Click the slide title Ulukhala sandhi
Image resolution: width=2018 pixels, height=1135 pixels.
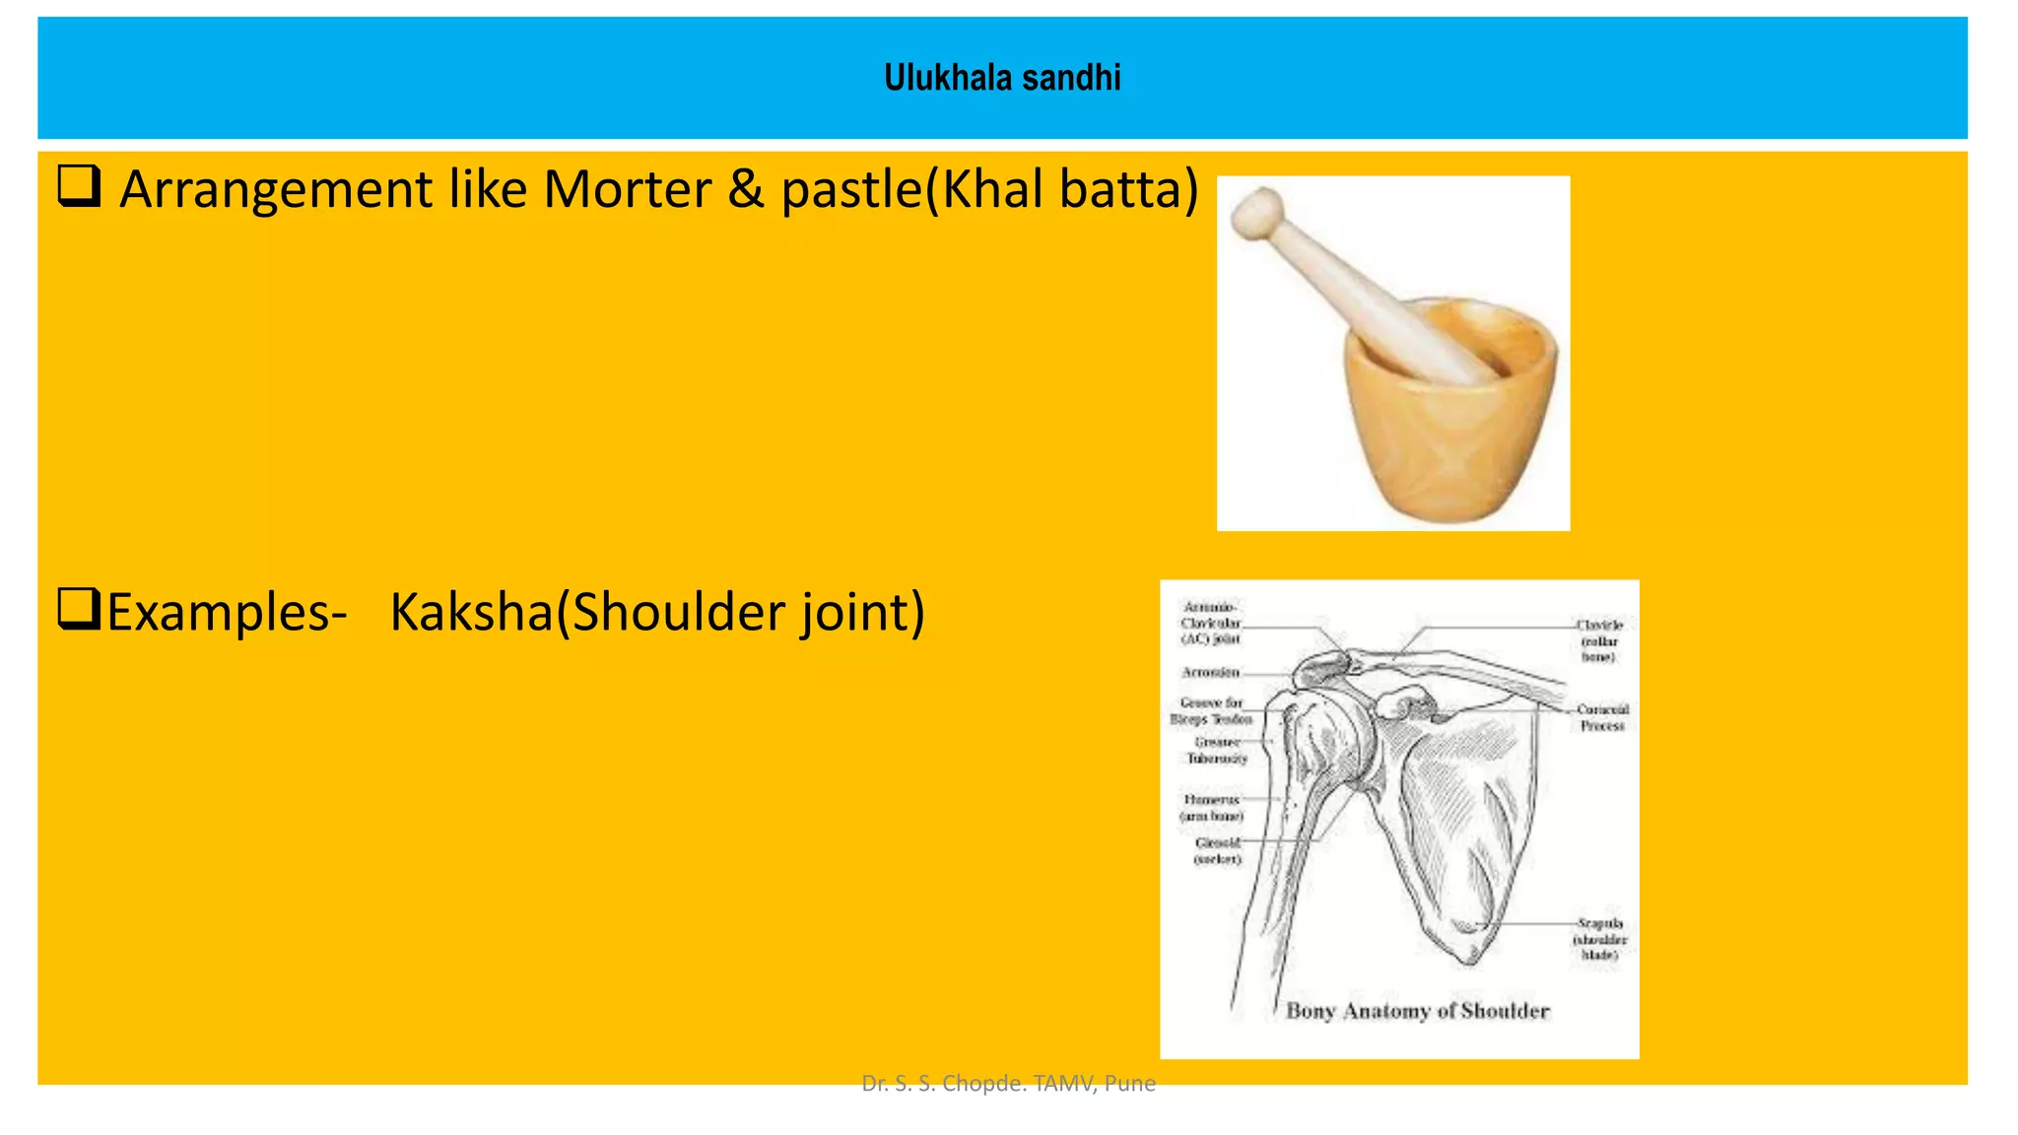click(1002, 78)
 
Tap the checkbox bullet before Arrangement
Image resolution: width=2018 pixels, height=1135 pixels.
click(80, 186)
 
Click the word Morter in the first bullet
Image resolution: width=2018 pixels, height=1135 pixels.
click(627, 189)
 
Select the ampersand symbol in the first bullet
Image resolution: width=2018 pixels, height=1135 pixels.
click(746, 189)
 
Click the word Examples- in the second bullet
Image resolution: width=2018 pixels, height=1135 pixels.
click(227, 612)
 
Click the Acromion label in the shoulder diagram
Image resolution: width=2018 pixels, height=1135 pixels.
click(1211, 672)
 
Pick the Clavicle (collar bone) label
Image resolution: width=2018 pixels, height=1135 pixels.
click(1598, 640)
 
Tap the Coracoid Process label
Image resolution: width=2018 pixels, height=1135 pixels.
click(1602, 717)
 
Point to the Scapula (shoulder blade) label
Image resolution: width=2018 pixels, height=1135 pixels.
click(1599, 939)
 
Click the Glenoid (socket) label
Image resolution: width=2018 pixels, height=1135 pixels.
click(1218, 851)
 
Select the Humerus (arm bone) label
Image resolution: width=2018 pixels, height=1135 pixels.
click(1212, 808)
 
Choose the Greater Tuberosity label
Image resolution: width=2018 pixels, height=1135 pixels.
click(1217, 750)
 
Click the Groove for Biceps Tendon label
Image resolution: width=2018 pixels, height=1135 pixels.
click(1211, 710)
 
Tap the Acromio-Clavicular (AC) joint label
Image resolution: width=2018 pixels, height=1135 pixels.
click(1211, 623)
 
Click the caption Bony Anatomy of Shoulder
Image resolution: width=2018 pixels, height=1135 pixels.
click(1417, 1011)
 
